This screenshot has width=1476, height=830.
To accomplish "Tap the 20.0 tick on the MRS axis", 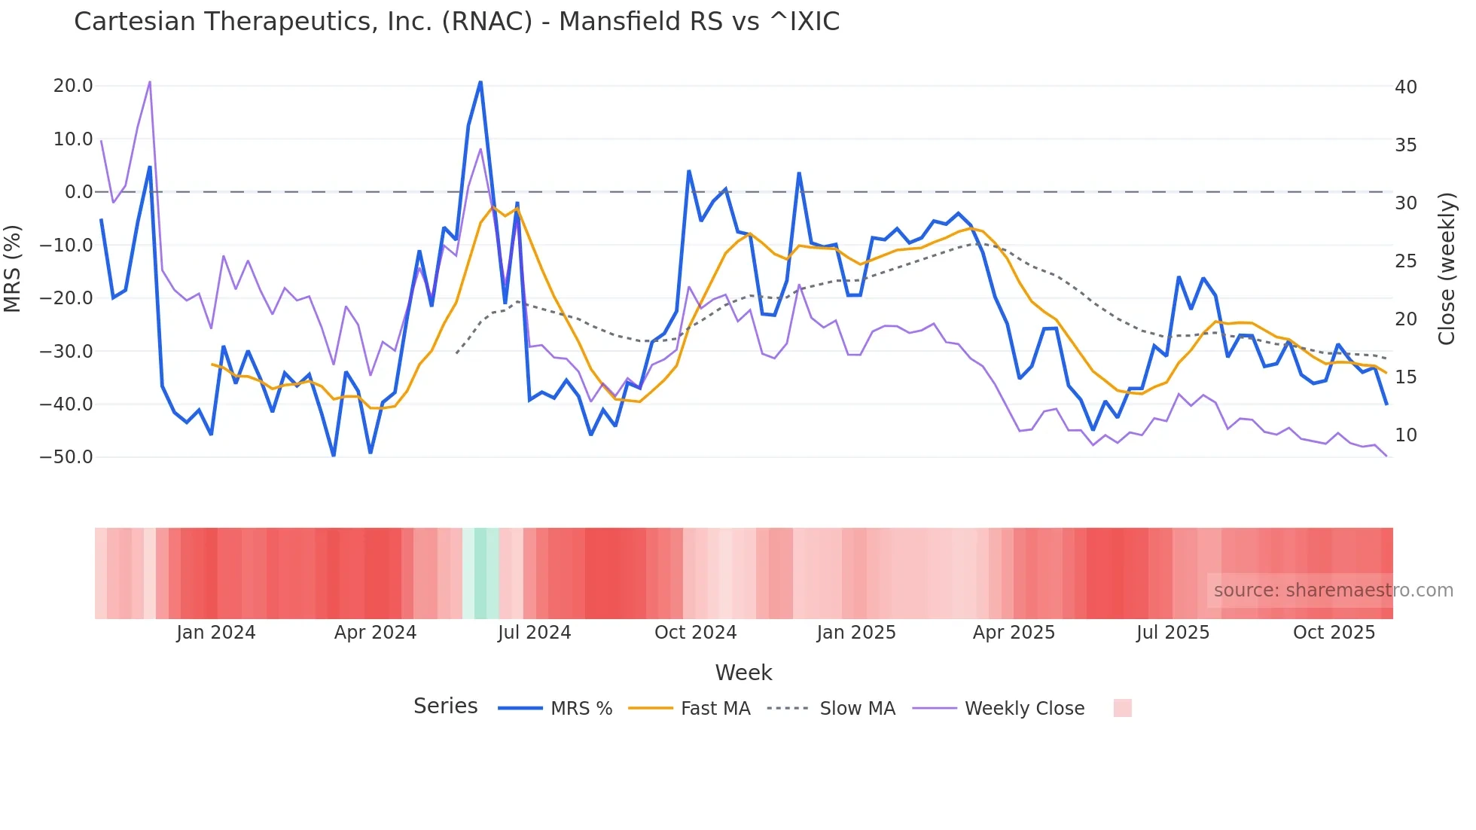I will (x=73, y=86).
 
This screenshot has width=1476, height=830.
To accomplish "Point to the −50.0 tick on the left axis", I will (x=66, y=457).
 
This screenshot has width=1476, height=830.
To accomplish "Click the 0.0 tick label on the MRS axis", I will (x=78, y=192).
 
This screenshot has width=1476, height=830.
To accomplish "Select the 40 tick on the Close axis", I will (x=1405, y=87).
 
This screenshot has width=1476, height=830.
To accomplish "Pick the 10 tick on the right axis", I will (x=1405, y=435).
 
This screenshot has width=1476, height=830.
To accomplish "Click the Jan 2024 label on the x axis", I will (x=216, y=633).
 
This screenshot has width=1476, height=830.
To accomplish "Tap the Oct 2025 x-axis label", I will (x=1334, y=633).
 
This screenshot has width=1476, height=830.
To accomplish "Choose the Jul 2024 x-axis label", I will (x=534, y=633).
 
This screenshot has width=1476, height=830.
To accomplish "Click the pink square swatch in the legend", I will (x=1122, y=708).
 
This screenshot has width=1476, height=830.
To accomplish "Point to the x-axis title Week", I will (x=743, y=673).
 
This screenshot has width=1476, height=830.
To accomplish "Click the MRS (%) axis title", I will (x=13, y=268).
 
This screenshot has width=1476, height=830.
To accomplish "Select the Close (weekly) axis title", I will (x=1446, y=269).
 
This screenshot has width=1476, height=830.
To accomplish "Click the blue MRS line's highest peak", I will (x=480, y=82).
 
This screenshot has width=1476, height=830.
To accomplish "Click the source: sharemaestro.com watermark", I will (x=1333, y=590).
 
